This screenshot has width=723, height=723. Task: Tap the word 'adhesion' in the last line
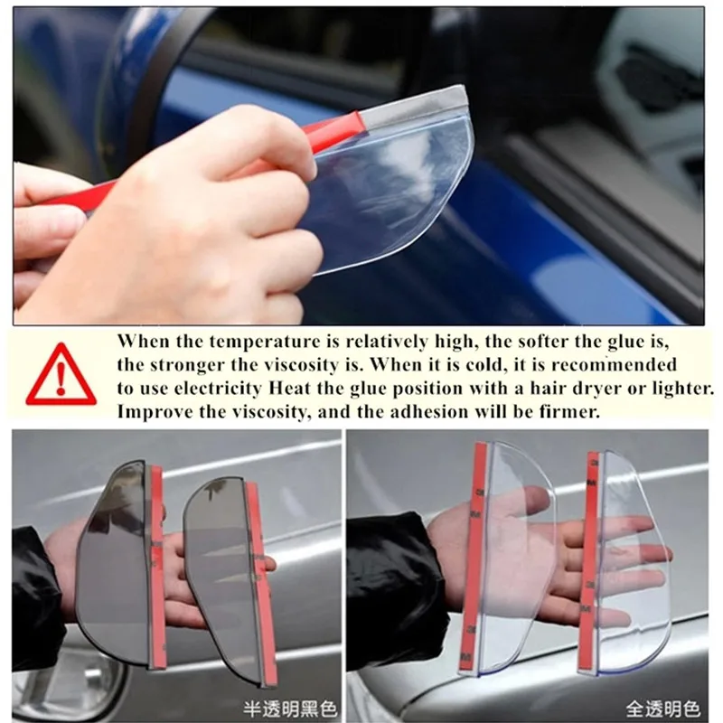[x=428, y=411]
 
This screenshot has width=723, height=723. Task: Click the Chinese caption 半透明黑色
[x=290, y=709]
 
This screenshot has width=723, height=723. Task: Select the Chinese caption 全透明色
[x=662, y=709]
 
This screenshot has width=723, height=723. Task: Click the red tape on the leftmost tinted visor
[x=156, y=568]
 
